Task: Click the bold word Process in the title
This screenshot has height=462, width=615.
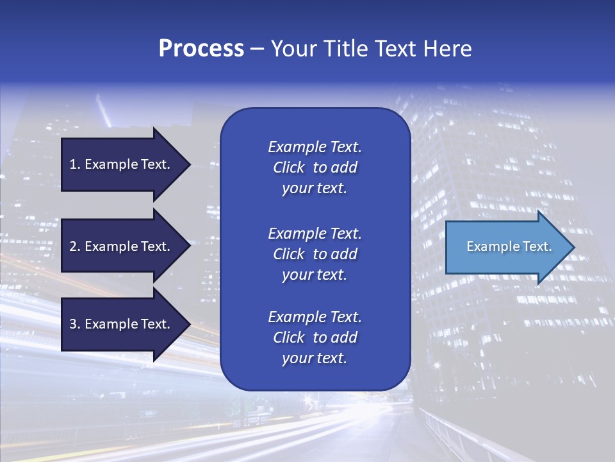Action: [x=201, y=49]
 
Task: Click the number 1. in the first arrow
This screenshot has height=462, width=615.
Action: [x=75, y=164]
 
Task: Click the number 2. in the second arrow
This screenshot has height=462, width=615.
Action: [x=75, y=246]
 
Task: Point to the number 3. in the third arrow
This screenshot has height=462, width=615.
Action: [x=75, y=324]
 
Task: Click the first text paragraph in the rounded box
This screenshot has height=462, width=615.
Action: [x=315, y=167]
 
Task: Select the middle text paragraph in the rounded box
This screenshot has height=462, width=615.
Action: [x=315, y=254]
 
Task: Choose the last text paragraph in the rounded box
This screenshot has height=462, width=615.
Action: [x=315, y=338]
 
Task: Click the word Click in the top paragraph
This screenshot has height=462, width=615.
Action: [x=289, y=167]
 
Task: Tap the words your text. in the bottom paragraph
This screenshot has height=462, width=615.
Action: [x=315, y=359]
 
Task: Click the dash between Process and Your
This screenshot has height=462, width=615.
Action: [x=257, y=49]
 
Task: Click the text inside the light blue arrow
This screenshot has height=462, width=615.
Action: [x=509, y=246]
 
